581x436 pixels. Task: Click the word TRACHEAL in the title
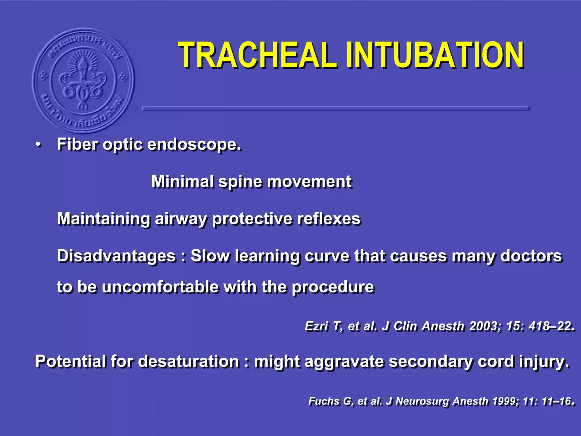click(257, 55)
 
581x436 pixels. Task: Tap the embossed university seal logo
click(83, 80)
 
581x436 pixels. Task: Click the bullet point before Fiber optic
click(38, 145)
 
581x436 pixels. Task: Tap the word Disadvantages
click(116, 256)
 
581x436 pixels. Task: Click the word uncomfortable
click(160, 287)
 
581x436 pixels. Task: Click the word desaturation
click(189, 361)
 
